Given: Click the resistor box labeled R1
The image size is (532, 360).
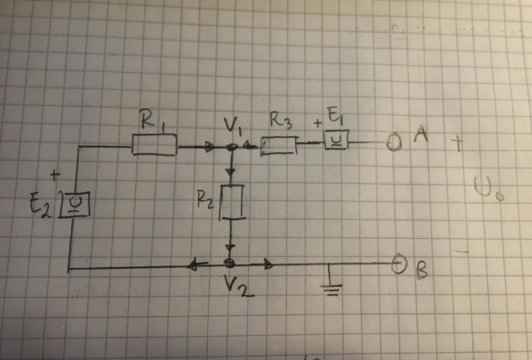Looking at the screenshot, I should coord(154,144).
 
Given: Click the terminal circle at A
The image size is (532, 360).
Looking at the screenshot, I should coord(394,142).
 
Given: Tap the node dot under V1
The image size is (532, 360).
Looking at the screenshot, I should coord(231,147).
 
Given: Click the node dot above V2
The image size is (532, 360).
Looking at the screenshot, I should coord(229,264).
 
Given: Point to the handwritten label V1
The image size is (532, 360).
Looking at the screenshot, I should coord(232,124).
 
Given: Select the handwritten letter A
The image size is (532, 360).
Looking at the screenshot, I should coord(420,135).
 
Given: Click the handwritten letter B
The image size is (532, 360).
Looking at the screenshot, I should coord(422,271).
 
